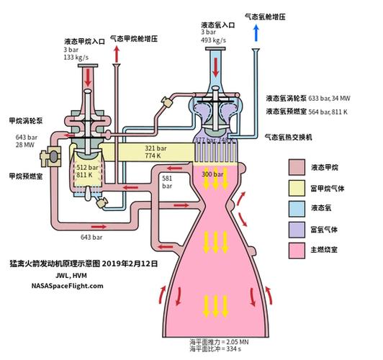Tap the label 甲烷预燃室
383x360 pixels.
click(24, 175)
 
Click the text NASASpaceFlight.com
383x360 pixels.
click(68, 285)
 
